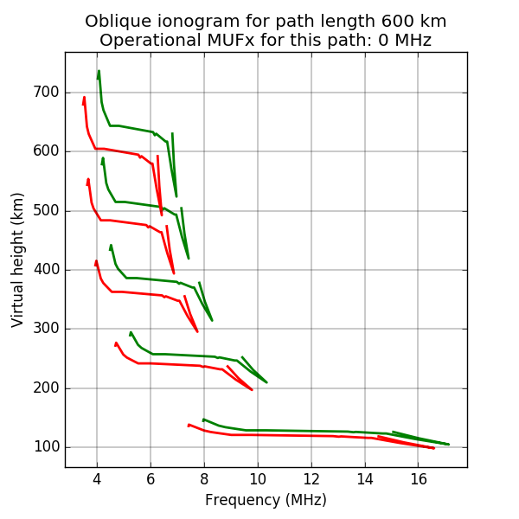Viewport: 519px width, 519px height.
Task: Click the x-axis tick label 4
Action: click(x=97, y=480)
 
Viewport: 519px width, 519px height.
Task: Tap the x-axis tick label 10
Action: click(x=258, y=480)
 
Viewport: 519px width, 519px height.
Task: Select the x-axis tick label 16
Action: click(x=419, y=480)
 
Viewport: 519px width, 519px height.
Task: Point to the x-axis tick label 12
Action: click(x=311, y=480)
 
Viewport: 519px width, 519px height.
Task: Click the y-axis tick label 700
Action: click(x=45, y=93)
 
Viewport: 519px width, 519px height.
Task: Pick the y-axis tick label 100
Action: click(x=45, y=446)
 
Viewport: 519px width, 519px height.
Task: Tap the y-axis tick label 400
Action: click(x=45, y=270)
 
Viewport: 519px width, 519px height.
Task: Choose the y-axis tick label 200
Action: click(x=45, y=388)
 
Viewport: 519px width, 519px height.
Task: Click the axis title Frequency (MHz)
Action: click(x=266, y=500)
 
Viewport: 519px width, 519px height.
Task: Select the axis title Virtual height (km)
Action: click(x=18, y=259)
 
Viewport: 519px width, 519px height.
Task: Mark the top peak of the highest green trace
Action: click(x=99, y=71)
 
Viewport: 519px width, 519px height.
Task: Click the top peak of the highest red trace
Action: click(x=84, y=97)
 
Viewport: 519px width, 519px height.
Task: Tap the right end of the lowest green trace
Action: click(x=448, y=444)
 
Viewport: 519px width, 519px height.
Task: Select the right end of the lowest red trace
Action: click(x=433, y=447)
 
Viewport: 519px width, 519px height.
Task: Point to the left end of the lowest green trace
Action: click(x=203, y=420)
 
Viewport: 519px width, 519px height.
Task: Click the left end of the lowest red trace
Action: click(x=189, y=425)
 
